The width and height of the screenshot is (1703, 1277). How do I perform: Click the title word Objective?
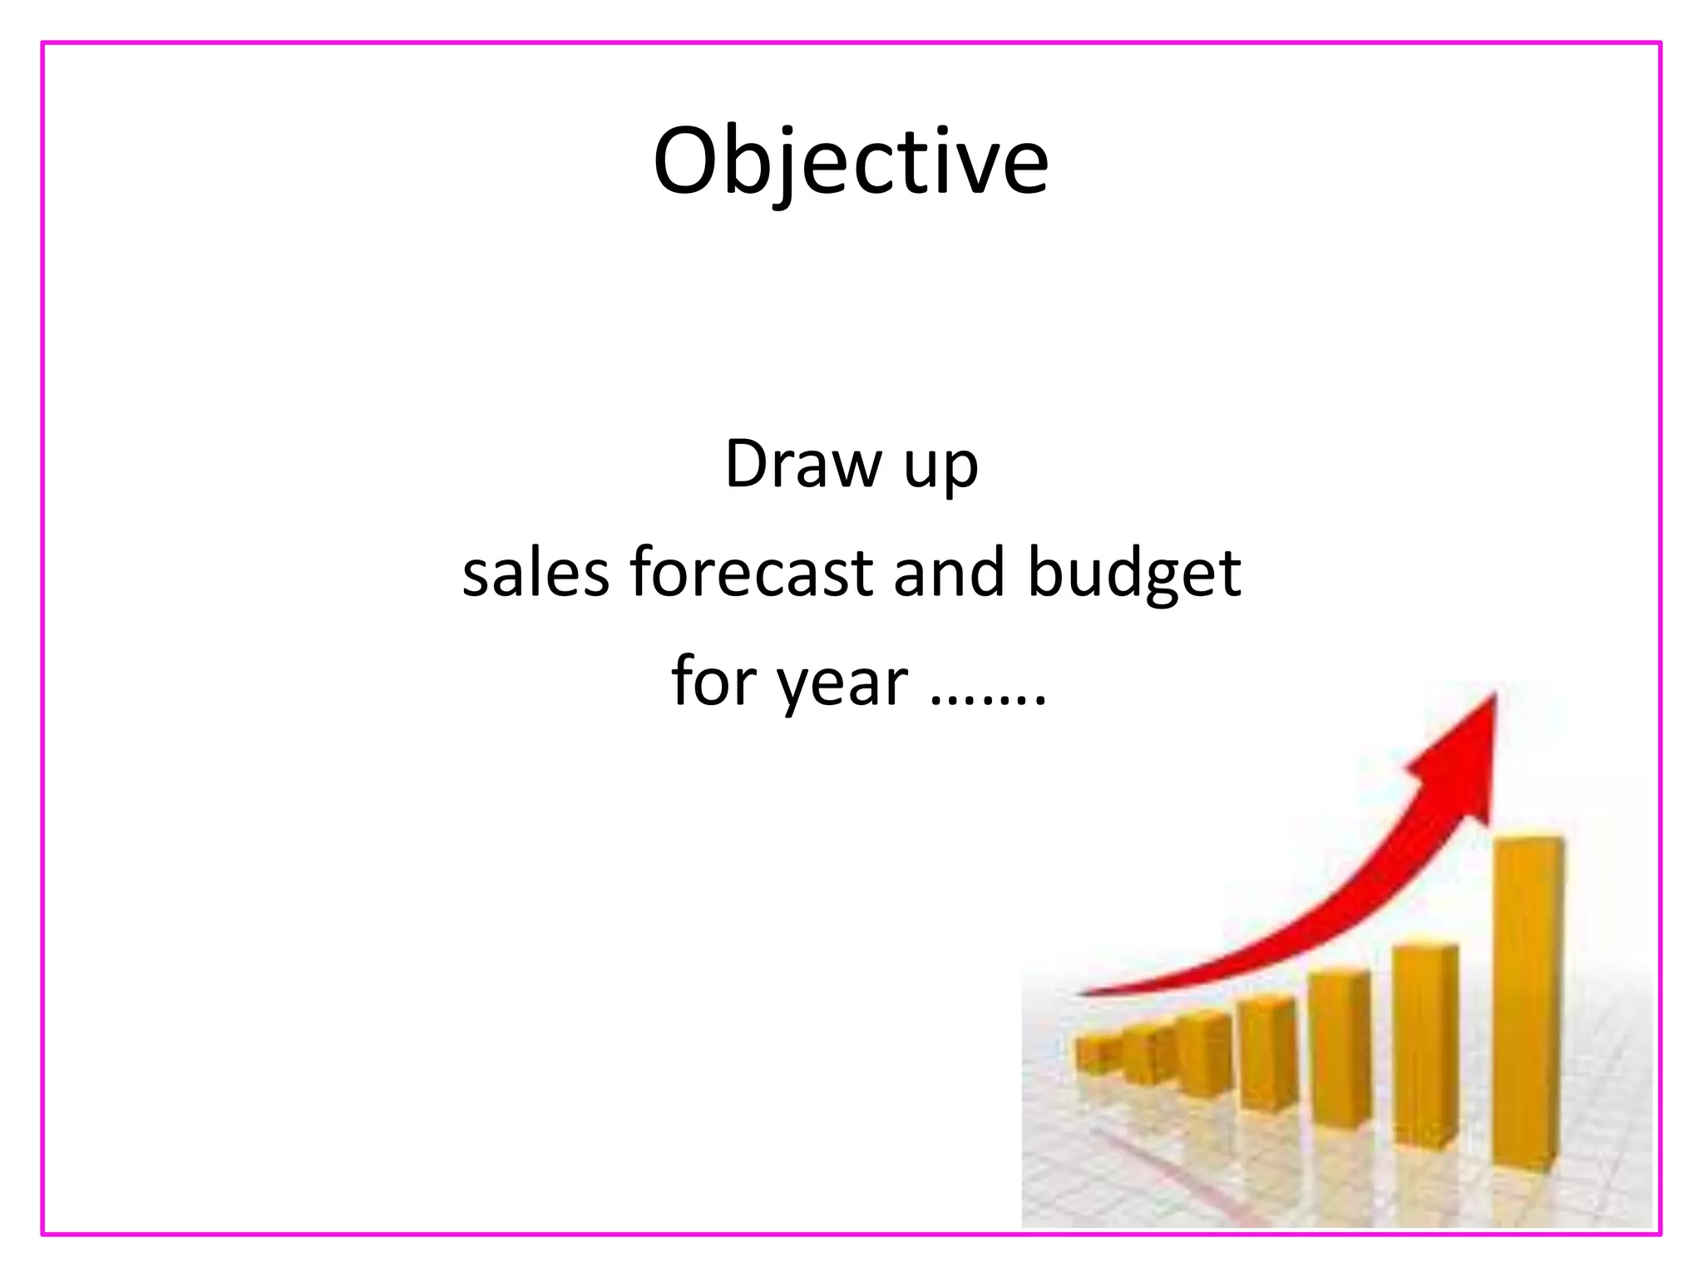[851, 161]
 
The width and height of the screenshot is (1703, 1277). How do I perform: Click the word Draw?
[803, 464]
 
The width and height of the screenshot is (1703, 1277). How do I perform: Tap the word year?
[842, 685]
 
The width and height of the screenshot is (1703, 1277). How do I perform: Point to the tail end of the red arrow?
[1081, 993]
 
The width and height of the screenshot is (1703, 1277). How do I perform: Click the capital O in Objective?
[685, 161]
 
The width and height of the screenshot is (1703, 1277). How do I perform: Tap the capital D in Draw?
[745, 464]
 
